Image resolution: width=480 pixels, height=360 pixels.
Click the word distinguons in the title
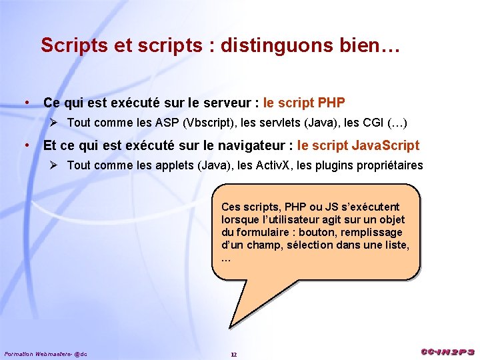pos(273,45)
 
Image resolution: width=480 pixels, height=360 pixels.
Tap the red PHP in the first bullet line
pos(332,103)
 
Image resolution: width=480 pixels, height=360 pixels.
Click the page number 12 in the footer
pos(233,354)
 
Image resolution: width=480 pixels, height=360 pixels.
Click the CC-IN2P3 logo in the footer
pos(447,352)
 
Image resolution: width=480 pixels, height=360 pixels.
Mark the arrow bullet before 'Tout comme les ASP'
pos(57,123)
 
